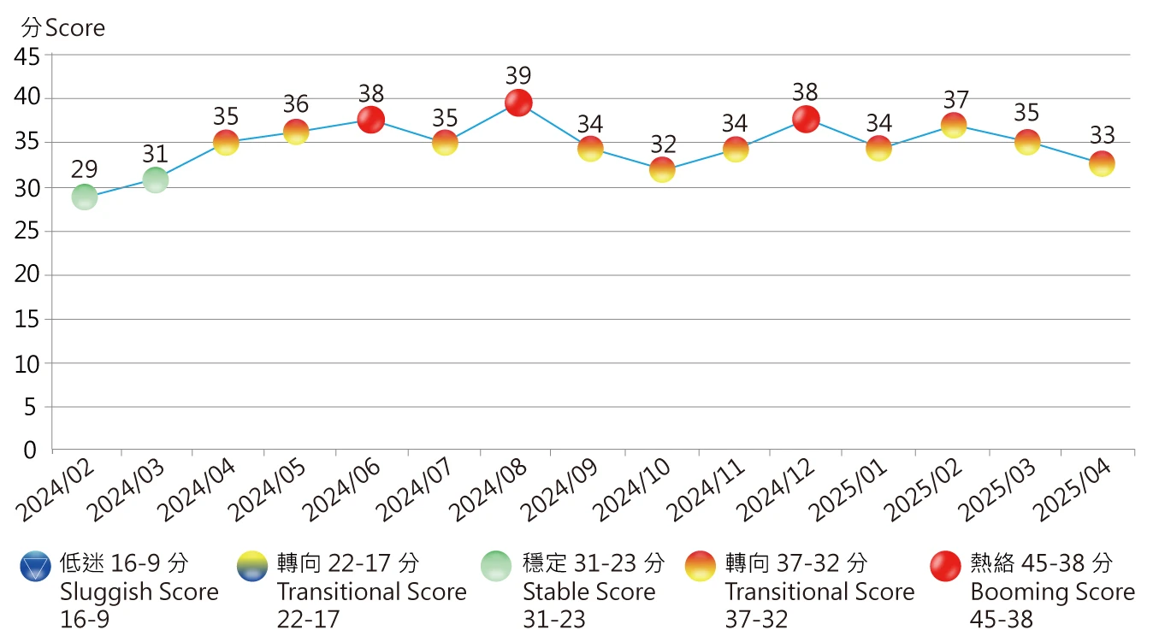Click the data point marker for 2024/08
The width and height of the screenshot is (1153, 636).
pos(517,103)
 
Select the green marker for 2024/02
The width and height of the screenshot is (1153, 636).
pos(84,197)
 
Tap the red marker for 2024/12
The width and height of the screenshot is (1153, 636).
pos(806,119)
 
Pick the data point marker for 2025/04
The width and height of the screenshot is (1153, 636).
pos(1102,162)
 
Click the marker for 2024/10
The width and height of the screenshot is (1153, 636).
pos(662,169)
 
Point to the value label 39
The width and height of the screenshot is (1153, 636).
pos(517,75)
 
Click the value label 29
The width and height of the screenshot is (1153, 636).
pos(84,170)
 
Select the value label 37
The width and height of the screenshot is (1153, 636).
pos(955,99)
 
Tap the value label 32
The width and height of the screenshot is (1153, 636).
pos(662,144)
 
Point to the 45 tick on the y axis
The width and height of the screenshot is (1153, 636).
pos(27,57)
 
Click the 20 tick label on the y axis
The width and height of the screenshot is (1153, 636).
pos(27,275)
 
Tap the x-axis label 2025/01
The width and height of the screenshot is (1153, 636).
pos(850,491)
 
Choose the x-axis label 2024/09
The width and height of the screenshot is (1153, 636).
pos(560,491)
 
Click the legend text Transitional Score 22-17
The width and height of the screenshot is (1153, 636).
pos(371,592)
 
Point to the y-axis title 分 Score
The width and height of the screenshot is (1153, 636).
pos(63,28)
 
